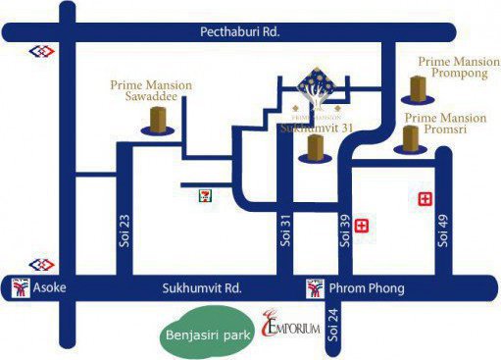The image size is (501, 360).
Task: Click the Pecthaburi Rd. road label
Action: (x=240, y=31)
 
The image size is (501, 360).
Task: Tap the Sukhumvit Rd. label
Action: (x=201, y=288)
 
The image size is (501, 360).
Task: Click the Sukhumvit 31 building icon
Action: (x=314, y=148)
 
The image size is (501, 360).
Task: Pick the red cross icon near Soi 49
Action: (x=425, y=199)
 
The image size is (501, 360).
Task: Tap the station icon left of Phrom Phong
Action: (x=315, y=288)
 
